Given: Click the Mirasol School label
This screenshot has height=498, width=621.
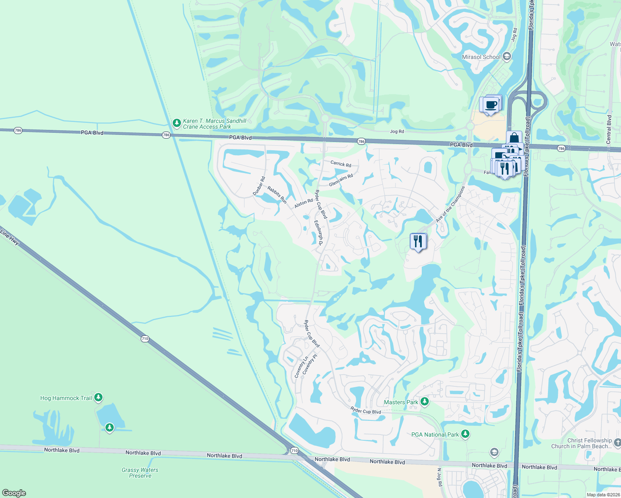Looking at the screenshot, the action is (481, 57).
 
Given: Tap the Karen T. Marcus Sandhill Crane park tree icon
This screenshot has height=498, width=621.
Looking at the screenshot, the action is (176, 123).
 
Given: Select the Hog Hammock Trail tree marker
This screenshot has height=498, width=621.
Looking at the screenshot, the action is (98, 398).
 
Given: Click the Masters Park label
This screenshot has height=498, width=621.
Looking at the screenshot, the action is (401, 402).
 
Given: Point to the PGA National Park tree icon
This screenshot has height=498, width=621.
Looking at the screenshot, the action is (465, 434).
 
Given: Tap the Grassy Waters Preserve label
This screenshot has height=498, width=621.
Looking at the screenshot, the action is (140, 473).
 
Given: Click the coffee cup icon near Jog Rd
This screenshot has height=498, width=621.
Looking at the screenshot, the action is (491, 105).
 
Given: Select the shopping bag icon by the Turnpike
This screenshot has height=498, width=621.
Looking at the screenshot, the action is (514, 138).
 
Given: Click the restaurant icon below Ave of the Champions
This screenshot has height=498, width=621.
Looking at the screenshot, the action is (418, 241).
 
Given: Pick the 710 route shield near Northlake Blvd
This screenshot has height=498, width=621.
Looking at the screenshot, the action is (294, 450).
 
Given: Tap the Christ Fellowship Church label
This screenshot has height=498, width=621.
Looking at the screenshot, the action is (589, 443).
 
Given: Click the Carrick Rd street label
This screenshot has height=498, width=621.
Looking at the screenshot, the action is (341, 164).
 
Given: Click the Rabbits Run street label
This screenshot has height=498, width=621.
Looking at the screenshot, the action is (277, 195).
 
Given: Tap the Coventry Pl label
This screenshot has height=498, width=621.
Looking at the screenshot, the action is (310, 364).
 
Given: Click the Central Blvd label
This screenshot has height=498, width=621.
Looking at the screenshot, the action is (609, 129).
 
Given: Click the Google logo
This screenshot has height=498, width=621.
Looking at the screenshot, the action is (14, 493).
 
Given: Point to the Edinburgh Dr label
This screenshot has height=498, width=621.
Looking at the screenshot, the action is (318, 233).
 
